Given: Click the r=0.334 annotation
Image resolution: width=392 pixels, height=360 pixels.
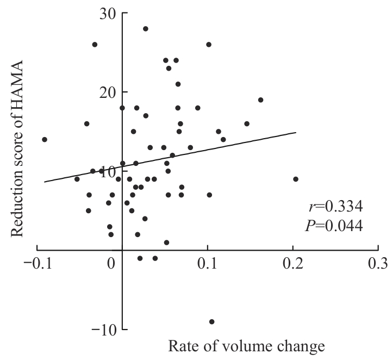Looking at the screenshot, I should [x=332, y=207].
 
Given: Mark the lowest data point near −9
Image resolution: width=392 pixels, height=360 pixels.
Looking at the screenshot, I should [x=211, y=321].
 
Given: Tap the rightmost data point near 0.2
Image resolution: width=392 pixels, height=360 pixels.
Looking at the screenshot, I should [x=296, y=179].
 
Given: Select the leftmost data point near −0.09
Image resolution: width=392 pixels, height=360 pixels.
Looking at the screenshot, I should [x=45, y=139].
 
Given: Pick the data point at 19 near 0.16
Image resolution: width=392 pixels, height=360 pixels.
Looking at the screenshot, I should [x=260, y=100].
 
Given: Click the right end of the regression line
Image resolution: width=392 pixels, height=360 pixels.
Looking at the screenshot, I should [x=296, y=132].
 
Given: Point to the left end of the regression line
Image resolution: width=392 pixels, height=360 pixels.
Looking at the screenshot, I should [x=45, y=182].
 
